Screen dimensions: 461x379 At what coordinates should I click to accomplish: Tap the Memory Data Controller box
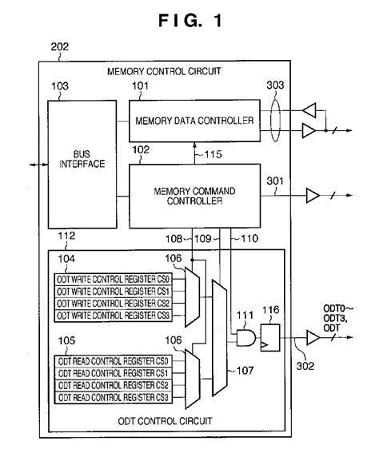pyautogui.click(x=195, y=121)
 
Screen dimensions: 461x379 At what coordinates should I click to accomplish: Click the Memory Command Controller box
pyautogui.click(x=195, y=196)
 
